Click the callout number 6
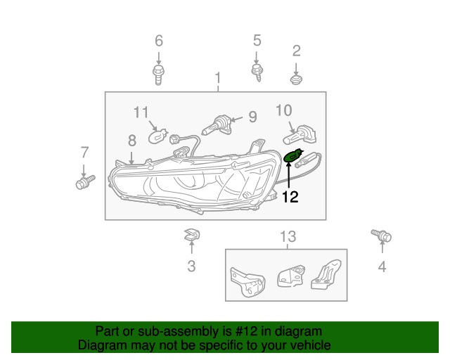click(158, 40)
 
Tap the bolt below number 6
click(158, 73)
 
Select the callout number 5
click(257, 40)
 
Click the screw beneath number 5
click(257, 72)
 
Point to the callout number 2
click(296, 50)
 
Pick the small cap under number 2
click(296, 81)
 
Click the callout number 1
click(218, 77)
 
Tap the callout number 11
click(141, 112)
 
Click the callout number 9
click(252, 117)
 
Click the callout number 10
click(283, 110)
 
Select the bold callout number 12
click(290, 198)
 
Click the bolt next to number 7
click(84, 184)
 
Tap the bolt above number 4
click(382, 236)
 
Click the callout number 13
click(288, 236)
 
